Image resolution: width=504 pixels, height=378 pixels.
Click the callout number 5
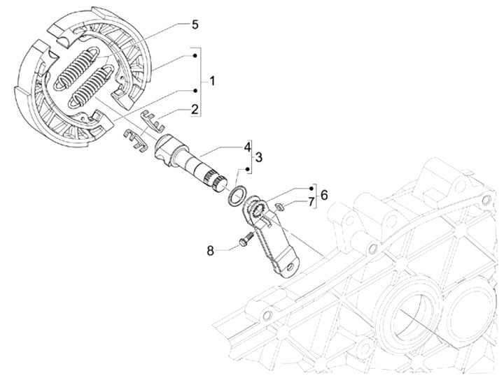(195, 24)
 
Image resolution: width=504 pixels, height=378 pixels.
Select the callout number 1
(211, 81)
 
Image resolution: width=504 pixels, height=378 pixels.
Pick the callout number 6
(324, 196)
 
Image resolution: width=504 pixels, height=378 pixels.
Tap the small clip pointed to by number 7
(279, 205)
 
